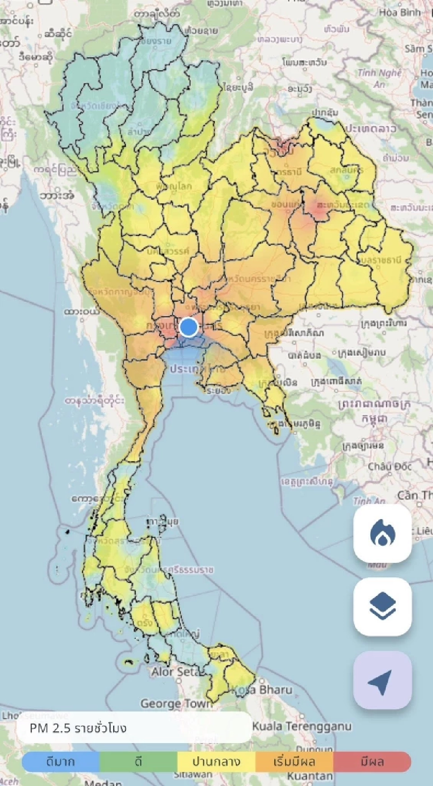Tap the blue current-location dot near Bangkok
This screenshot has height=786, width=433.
[x=189, y=327]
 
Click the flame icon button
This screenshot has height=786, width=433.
[x=382, y=533]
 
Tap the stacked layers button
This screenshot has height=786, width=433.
[x=382, y=607]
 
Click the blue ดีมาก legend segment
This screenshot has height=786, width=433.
[x=61, y=762]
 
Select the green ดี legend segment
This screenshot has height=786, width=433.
[x=138, y=762]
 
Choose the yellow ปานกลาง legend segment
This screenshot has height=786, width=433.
[x=216, y=762]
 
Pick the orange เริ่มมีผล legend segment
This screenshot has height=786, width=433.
[x=294, y=762]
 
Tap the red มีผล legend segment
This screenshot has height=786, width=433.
[x=372, y=762]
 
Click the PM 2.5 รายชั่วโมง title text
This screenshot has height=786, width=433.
[x=78, y=728]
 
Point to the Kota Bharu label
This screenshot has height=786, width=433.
[x=262, y=690]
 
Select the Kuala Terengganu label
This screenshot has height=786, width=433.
[x=301, y=726]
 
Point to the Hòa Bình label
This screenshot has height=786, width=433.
[x=400, y=12]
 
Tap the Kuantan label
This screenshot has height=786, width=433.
[x=310, y=776]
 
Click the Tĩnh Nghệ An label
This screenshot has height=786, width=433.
[x=379, y=78]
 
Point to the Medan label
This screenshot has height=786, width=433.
[x=103, y=782]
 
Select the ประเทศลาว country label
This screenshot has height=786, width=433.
[x=371, y=129]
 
